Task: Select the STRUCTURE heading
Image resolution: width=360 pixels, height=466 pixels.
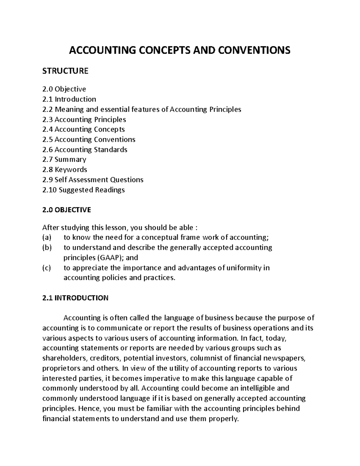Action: pyautogui.click(x=65, y=71)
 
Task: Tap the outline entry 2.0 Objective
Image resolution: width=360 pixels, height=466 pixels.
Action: pyautogui.click(x=64, y=89)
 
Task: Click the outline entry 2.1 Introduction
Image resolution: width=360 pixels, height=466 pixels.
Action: pyautogui.click(x=69, y=99)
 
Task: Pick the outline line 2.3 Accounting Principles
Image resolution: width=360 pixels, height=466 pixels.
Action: pyautogui.click(x=84, y=119)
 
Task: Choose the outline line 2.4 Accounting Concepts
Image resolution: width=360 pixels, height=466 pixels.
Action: pyautogui.click(x=84, y=129)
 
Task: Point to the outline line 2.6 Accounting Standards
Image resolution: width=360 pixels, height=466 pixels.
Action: pyautogui.click(x=85, y=149)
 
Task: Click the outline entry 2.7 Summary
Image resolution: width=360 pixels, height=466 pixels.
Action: pyautogui.click(x=64, y=159)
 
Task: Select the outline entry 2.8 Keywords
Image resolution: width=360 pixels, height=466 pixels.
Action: pyautogui.click(x=65, y=170)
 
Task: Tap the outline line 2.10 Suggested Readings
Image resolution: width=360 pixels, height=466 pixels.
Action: pyautogui.click(x=84, y=190)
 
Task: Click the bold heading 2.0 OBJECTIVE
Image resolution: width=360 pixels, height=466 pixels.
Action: pyautogui.click(x=67, y=210)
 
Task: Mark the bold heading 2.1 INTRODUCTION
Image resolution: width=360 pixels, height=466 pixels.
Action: pyautogui.click(x=75, y=298)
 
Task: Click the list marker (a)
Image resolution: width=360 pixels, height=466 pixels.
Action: pyautogui.click(x=47, y=238)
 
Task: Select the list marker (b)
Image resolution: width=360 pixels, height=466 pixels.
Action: pyautogui.click(x=47, y=248)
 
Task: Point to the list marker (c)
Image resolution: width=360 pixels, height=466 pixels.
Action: pyautogui.click(x=47, y=268)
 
